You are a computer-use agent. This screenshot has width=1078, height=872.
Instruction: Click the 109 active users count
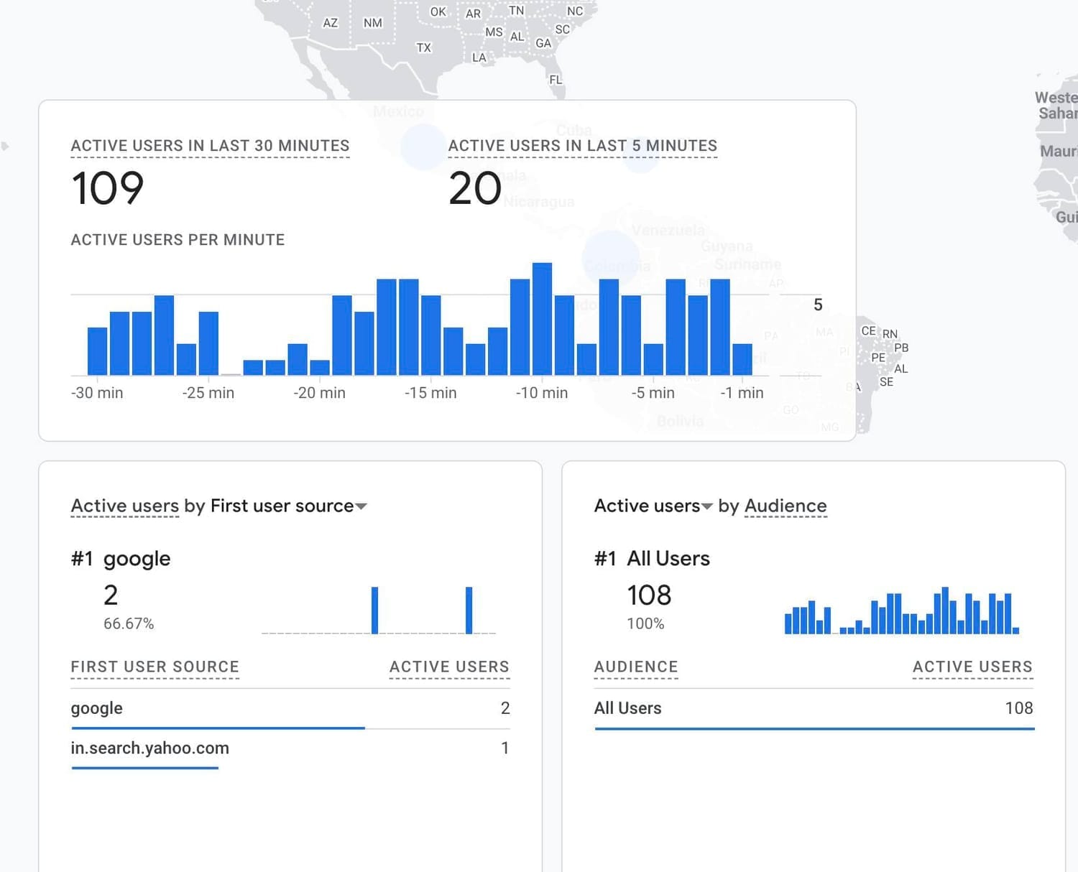click(x=108, y=188)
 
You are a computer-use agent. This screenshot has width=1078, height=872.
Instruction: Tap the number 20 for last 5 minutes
click(x=474, y=188)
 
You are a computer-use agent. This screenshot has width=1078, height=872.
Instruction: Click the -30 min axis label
click(x=97, y=393)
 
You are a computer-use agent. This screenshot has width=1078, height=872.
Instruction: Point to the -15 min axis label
click(x=430, y=393)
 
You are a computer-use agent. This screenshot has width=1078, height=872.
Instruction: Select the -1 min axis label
click(x=742, y=393)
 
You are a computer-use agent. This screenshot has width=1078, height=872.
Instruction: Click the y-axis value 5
click(x=818, y=305)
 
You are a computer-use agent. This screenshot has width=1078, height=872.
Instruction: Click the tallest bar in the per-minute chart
click(x=542, y=319)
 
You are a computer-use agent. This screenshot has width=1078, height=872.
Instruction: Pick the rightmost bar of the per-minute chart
click(x=742, y=359)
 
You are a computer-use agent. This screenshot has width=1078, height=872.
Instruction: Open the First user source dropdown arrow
click(x=361, y=506)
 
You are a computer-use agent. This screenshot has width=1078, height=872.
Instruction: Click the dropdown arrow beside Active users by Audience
click(x=707, y=506)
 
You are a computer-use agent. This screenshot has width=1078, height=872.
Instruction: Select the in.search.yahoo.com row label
click(x=149, y=748)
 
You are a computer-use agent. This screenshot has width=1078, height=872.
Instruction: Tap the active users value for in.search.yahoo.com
click(x=505, y=748)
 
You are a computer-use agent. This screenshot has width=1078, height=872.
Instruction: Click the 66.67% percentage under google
click(x=129, y=623)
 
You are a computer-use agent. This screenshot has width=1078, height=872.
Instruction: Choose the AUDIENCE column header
click(x=636, y=667)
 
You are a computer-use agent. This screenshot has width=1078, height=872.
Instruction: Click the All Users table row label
click(x=627, y=708)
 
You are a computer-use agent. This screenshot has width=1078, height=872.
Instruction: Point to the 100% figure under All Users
click(x=645, y=623)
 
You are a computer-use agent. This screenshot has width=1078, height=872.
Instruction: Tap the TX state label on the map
click(x=424, y=48)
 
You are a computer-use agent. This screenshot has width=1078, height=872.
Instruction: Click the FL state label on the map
click(x=556, y=80)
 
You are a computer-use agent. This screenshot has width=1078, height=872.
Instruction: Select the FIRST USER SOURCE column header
click(x=155, y=667)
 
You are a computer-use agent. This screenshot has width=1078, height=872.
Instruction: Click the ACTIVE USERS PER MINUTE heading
click(x=178, y=240)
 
